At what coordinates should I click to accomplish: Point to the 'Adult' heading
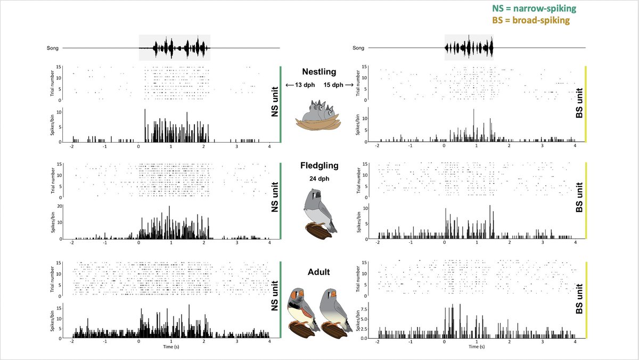tap(319, 272)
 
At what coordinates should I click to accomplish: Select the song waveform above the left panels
tap(175, 48)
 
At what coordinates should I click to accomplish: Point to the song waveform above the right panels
tap(469, 48)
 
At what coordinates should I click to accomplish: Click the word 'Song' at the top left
tap(53, 48)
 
